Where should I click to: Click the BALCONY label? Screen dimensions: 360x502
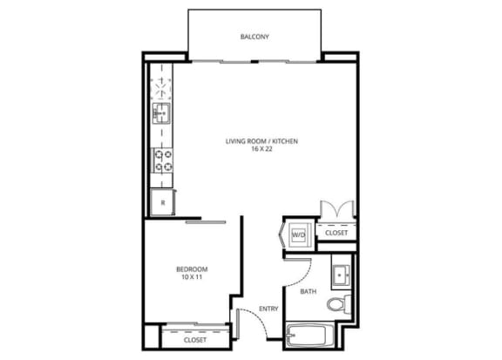point(254,37)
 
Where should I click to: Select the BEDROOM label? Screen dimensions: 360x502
point(190,269)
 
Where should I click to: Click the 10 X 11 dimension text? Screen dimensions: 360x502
point(190,278)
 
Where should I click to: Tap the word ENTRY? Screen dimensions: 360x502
point(268,307)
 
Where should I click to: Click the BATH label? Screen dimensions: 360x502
point(309,291)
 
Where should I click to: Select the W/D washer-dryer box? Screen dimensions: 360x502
point(298,234)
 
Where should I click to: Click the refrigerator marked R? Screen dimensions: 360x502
point(160,202)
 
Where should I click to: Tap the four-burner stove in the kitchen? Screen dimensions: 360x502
point(162,160)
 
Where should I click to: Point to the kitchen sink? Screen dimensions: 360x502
point(161,112)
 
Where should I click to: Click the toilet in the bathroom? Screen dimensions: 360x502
point(336,304)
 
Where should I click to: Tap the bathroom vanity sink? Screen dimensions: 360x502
point(342,271)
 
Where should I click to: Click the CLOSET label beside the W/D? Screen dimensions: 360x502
point(336,233)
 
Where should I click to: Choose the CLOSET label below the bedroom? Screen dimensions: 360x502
point(195,339)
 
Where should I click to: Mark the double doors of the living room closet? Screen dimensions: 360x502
point(336,210)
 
